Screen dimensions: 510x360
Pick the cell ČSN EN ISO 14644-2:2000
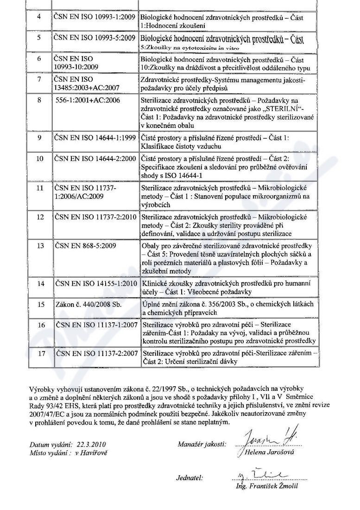coord(95,159)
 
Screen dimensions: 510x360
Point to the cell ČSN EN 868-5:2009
coord(85,245)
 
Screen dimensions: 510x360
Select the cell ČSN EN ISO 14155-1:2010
coord(95,283)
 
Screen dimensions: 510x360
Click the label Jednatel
coord(190,477)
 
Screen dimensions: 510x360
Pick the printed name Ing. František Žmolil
coord(267,486)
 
